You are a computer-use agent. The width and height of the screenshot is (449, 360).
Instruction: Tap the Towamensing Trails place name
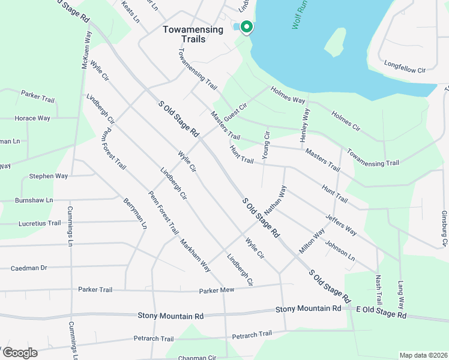(184, 34)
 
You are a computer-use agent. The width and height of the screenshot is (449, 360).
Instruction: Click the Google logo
(19, 353)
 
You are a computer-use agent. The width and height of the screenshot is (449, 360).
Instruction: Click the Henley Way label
(306, 125)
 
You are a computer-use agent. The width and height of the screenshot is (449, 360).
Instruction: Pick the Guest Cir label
(235, 111)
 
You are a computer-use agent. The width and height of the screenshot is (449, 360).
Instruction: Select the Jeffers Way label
(341, 224)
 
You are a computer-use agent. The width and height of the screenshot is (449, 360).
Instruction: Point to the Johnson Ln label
(340, 251)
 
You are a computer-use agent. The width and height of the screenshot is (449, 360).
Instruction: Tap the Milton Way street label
(312, 240)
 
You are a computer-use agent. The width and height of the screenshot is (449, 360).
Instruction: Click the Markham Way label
(195, 256)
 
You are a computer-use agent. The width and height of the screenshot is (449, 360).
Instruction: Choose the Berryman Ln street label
(135, 214)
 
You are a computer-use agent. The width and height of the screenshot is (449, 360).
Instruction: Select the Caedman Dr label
(29, 268)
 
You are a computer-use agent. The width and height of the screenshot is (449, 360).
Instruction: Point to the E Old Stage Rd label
(381, 311)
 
